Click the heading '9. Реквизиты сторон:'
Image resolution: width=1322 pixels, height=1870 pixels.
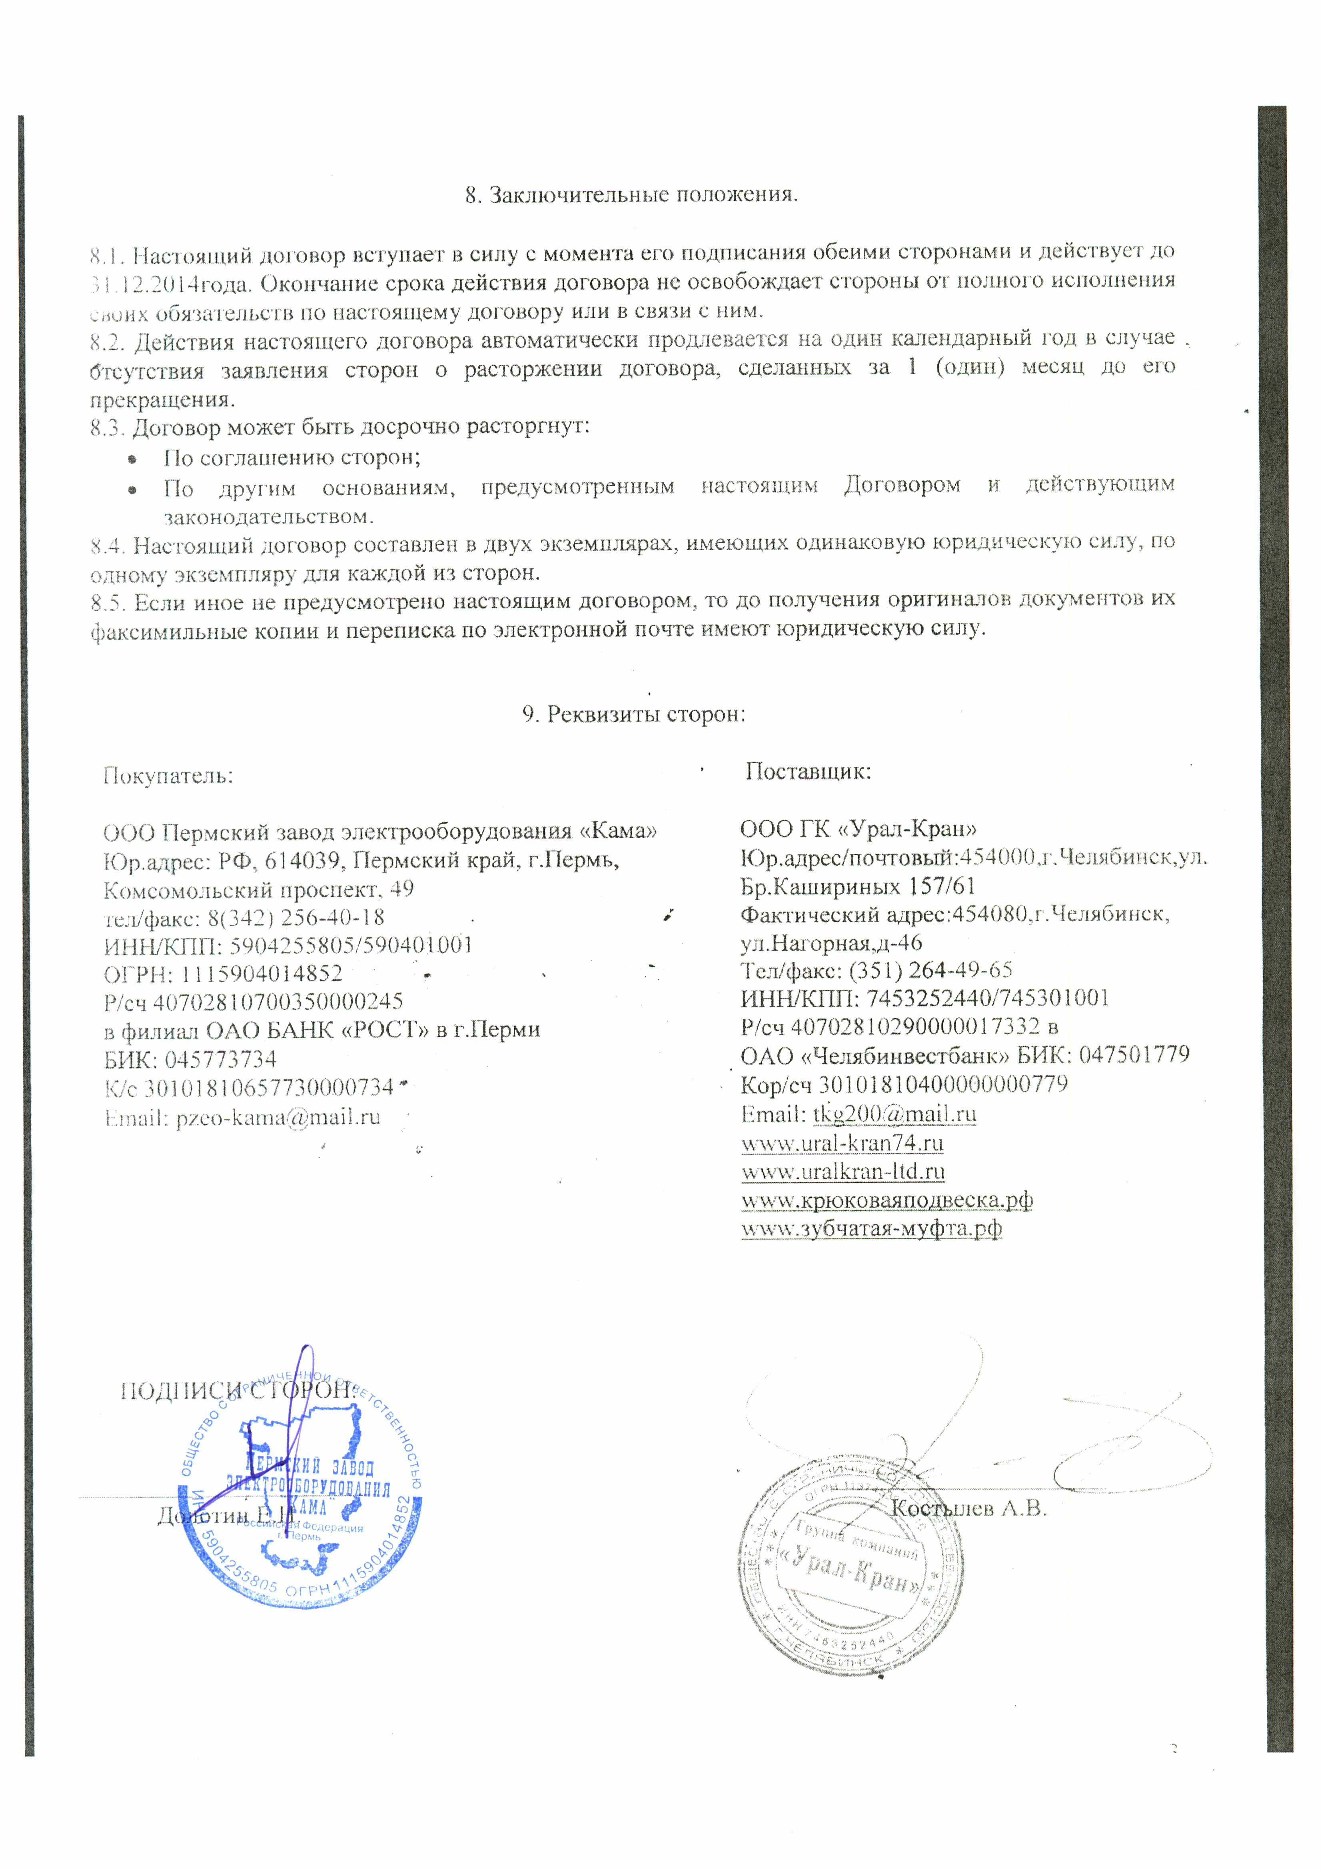(634, 714)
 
